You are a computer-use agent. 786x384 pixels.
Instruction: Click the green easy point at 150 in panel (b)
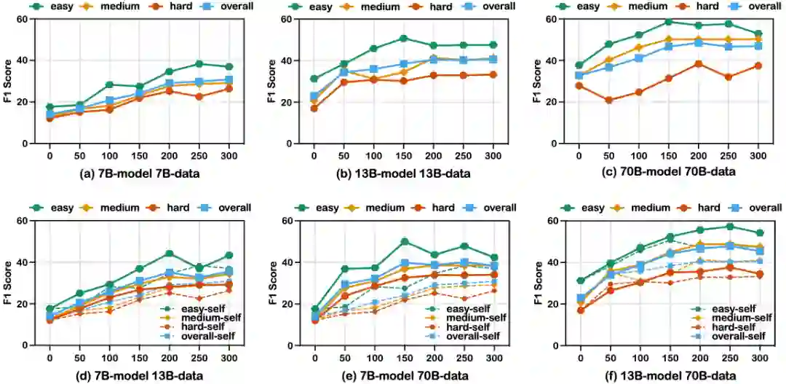pos(403,38)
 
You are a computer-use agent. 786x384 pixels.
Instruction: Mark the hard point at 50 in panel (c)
pos(608,101)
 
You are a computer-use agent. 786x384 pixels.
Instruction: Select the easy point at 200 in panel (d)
pos(169,254)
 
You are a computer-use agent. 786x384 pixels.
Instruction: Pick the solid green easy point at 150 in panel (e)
pos(403,241)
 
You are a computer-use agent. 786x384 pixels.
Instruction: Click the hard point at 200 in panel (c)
pos(698,63)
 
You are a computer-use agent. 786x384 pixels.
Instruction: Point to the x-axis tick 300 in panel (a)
pos(229,155)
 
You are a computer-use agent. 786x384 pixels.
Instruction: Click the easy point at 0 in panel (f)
pos(579,281)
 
